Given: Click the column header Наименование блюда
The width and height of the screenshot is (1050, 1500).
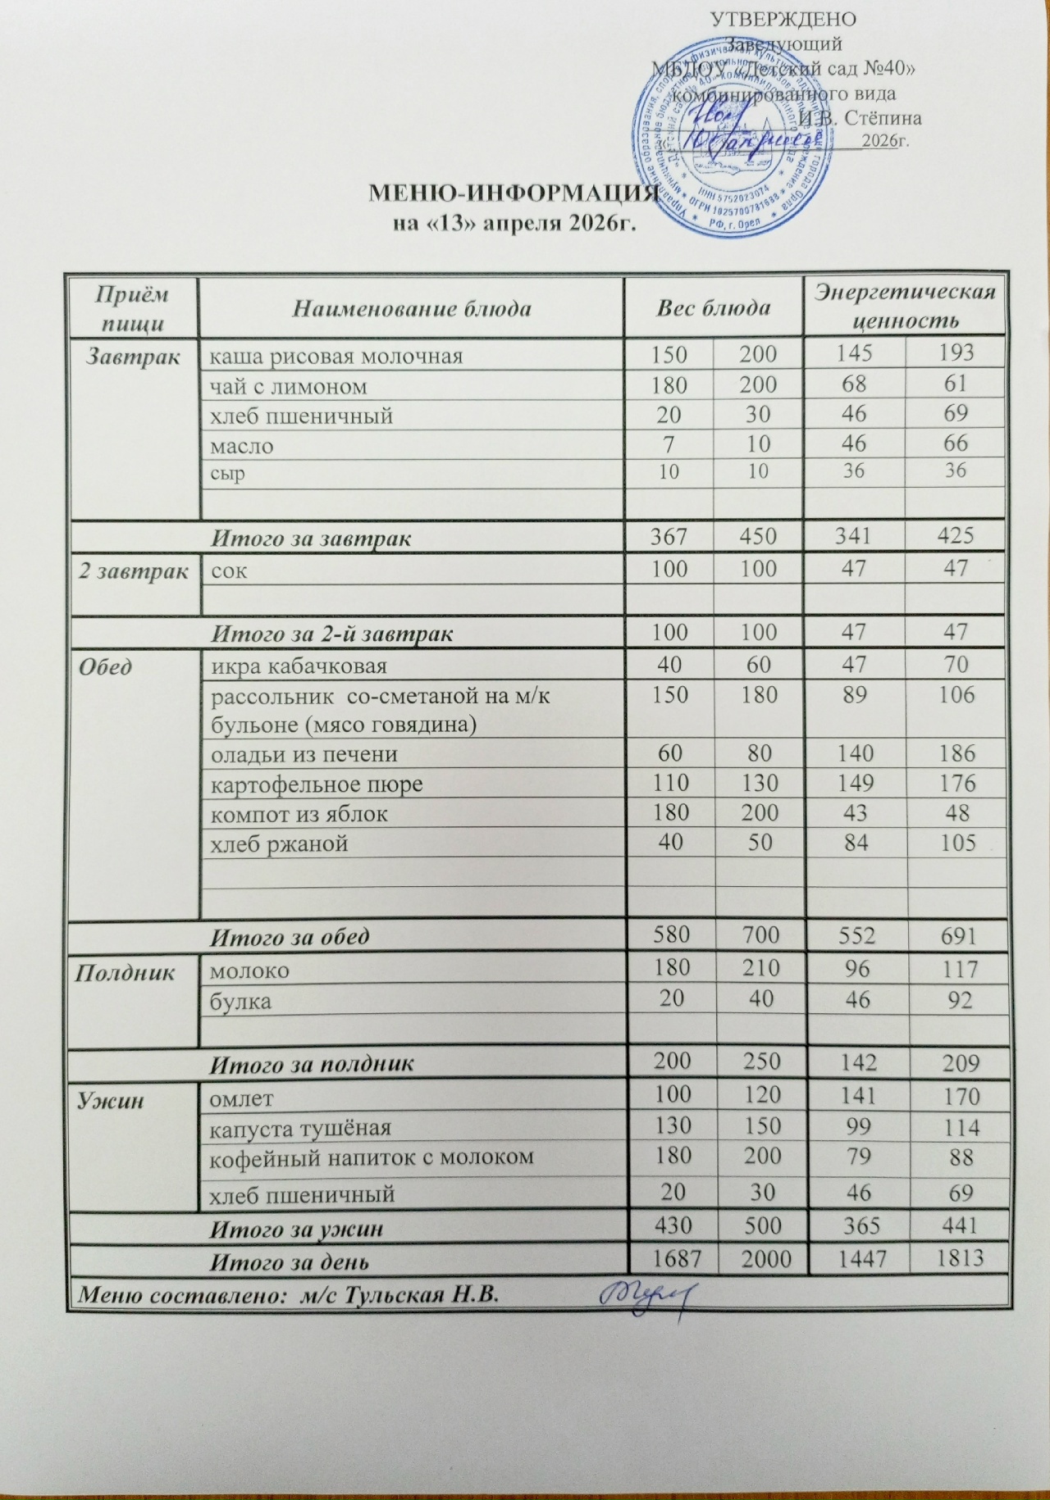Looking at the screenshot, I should [412, 309].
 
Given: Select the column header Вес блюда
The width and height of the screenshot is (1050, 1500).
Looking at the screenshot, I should [714, 308].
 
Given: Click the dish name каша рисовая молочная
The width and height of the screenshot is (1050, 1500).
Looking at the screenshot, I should [333, 356].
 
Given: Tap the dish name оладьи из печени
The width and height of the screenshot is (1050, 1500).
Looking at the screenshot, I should [305, 753].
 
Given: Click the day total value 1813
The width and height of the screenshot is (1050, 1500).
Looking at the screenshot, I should [956, 1256].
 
